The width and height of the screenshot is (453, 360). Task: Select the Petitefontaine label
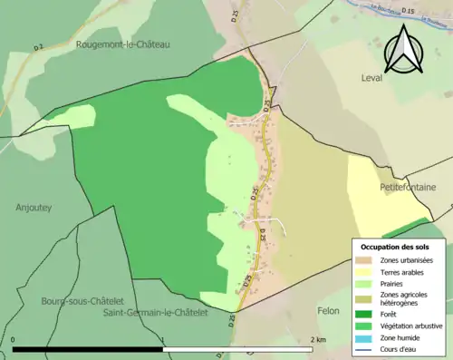pyautogui.click(x=408, y=187)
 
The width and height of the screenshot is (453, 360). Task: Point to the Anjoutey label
pyautogui.click(x=34, y=207)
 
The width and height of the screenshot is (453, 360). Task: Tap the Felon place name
pyautogui.click(x=328, y=311)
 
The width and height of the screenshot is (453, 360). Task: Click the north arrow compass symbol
pyautogui.click(x=404, y=50)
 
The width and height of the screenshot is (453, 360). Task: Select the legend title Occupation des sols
pyautogui.click(x=396, y=247)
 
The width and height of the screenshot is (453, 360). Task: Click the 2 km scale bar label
pyautogui.click(x=317, y=340)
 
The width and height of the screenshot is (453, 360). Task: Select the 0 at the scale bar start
pyautogui.click(x=14, y=340)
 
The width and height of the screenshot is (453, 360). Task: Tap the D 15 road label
pyautogui.click(x=407, y=11)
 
